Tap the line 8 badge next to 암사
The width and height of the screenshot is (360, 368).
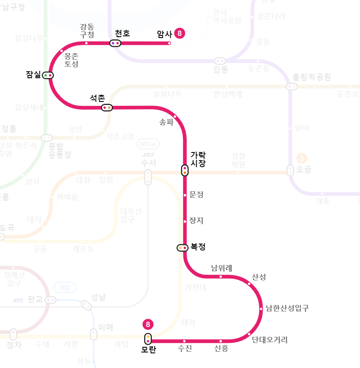point(180,33)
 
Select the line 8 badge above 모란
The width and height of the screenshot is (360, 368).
point(148,324)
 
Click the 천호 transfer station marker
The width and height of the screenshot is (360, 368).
point(115,43)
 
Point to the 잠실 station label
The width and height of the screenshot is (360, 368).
point(33,75)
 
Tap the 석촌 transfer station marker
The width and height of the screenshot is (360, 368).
point(107,108)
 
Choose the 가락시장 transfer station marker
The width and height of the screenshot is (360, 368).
point(185,170)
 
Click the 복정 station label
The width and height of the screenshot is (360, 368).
point(198,247)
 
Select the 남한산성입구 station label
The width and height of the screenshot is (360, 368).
point(287,308)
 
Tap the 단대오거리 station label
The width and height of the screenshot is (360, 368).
point(270,339)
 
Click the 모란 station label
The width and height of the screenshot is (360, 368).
point(148,350)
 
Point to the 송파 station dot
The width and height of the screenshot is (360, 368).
point(175,117)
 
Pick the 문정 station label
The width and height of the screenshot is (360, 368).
point(196,194)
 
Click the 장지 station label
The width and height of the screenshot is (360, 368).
point(196,221)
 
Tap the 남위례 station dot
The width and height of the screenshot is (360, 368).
point(220,276)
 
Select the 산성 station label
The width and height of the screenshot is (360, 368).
point(259,277)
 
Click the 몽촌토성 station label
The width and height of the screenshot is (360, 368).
point(71,60)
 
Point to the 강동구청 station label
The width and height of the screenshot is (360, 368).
point(87,30)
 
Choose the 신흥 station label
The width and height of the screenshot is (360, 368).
point(221,349)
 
